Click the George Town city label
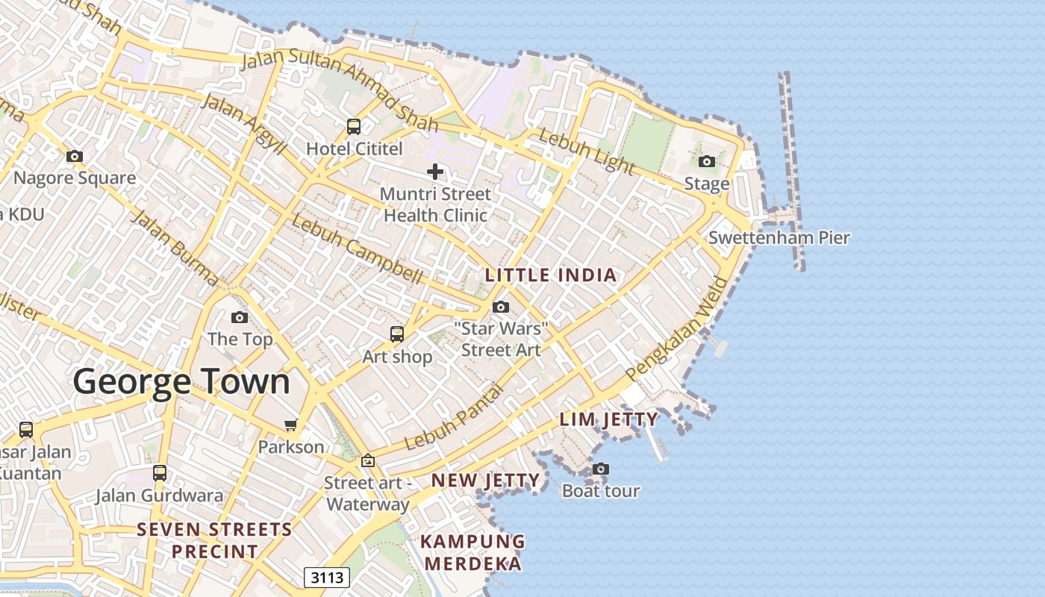[x=181, y=381]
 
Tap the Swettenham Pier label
[x=779, y=238]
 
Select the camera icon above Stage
[x=706, y=161]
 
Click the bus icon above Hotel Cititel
[x=354, y=127]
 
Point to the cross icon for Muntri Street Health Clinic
[x=435, y=172]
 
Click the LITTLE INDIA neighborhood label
[x=551, y=275]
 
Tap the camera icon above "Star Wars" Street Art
[x=501, y=307]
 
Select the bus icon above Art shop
[x=397, y=334]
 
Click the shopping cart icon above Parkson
[x=290, y=425]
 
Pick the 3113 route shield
[x=327, y=578]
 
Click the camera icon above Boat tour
[x=600, y=469]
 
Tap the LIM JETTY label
[x=609, y=419]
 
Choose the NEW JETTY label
[x=485, y=481]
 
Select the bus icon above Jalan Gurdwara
[x=160, y=472]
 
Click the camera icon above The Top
[x=240, y=317]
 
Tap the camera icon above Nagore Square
[x=75, y=156]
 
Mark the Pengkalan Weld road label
[x=677, y=328]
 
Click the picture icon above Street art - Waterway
[x=367, y=460]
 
